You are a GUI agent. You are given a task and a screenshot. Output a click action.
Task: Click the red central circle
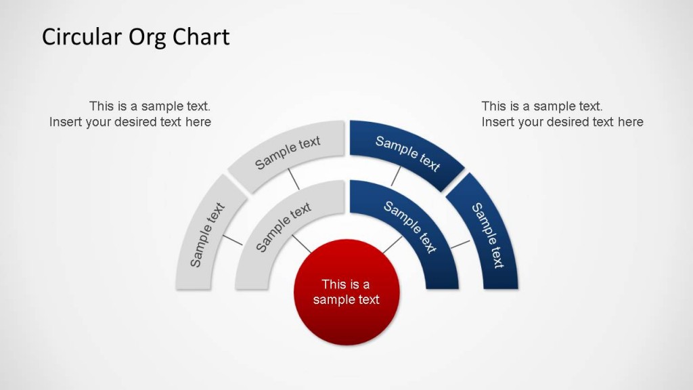346,292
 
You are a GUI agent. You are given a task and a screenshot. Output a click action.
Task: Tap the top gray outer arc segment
288,153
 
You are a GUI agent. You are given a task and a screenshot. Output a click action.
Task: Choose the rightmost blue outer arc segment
487,234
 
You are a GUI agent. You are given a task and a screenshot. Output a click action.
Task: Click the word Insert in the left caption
66,122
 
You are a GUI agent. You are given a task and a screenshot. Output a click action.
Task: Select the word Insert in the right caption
498,122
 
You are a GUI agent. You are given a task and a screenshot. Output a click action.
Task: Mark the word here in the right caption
630,122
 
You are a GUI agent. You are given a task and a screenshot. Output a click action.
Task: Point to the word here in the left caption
198,122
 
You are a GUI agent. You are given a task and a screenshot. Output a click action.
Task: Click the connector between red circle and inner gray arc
301,244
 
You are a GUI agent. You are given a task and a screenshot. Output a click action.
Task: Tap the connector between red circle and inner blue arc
392,244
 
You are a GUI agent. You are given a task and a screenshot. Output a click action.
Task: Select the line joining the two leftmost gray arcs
232,240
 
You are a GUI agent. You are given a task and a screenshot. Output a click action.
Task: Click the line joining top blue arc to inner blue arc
396,177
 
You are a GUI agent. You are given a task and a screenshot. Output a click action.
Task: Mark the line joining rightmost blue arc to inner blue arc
460,243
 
